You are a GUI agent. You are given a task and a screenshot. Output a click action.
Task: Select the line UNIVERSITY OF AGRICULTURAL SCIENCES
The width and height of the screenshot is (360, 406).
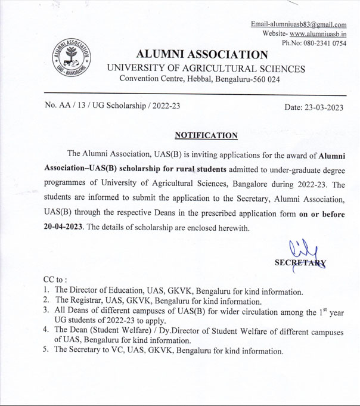point(206,69)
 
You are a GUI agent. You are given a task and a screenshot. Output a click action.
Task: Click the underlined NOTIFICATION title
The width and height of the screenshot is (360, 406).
point(206,135)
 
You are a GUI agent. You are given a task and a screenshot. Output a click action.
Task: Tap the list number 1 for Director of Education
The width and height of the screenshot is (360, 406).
point(46,291)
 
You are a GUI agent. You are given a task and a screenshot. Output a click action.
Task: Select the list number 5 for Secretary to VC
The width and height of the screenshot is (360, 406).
point(46,349)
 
